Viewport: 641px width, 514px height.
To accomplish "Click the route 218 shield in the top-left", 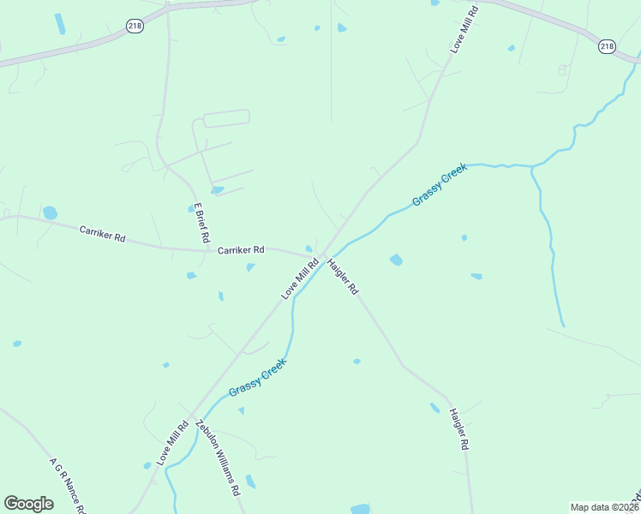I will click(135, 27).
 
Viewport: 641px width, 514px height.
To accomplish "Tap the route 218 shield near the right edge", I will click(607, 46).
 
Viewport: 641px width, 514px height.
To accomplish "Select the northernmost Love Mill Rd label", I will click(462, 34).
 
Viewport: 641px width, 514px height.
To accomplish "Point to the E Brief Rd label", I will click(202, 223).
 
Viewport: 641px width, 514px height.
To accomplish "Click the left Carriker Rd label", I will click(103, 233).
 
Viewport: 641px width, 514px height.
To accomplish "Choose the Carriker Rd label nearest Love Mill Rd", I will click(241, 250).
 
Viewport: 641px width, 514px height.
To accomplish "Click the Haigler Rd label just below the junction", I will click(343, 277).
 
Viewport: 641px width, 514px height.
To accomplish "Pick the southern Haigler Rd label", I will click(459, 429).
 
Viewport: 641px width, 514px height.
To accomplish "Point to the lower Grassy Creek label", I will click(257, 378).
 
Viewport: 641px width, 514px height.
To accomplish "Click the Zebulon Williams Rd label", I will click(216, 459).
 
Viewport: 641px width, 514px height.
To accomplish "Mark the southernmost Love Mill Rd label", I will click(172, 442).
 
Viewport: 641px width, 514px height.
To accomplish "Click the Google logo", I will click(28, 504).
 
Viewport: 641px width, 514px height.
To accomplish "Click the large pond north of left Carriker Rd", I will click(50, 212).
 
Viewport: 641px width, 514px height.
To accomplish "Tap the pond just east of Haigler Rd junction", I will click(396, 259).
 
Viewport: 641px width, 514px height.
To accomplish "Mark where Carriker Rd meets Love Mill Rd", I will click(319, 255).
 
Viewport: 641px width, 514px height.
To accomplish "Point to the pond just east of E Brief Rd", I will click(218, 190).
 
